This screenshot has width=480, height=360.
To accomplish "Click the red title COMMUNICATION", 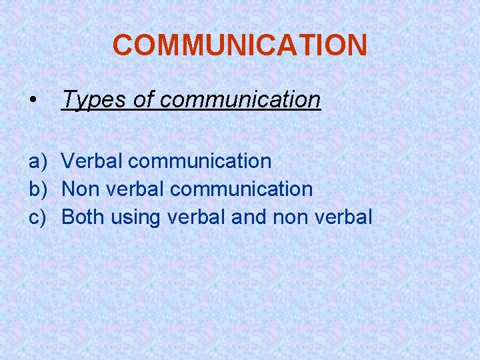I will coord(239,45).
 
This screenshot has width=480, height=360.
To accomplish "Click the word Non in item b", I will coord(80,189).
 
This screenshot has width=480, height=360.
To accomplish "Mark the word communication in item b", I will coord(241,189).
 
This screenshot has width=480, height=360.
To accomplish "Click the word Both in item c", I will coord(83,217).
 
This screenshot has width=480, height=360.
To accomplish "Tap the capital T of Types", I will coord(67,100).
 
